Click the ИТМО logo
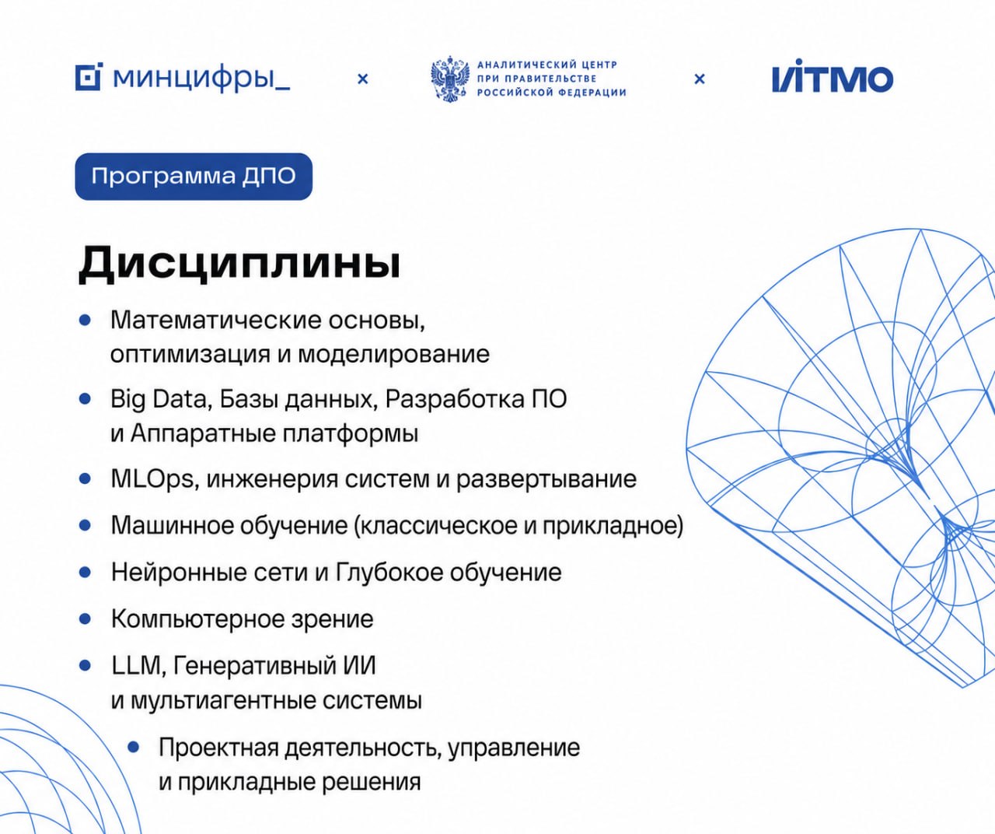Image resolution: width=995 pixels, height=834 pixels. coord(832,76)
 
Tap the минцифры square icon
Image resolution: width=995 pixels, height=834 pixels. coord(89,77)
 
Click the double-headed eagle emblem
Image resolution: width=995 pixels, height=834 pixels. coord(449,79)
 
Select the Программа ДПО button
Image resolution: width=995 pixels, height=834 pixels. coord(194,177)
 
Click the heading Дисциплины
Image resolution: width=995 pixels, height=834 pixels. coord(239,263)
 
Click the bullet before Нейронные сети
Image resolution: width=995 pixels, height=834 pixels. coord(86,573)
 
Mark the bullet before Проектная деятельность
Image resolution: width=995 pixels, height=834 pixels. coord(134,747)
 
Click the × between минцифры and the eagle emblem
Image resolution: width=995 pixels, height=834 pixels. coord(363,79)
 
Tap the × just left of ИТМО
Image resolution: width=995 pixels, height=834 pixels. coord(700,79)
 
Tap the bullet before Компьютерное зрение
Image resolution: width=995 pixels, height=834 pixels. coord(86,619)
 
